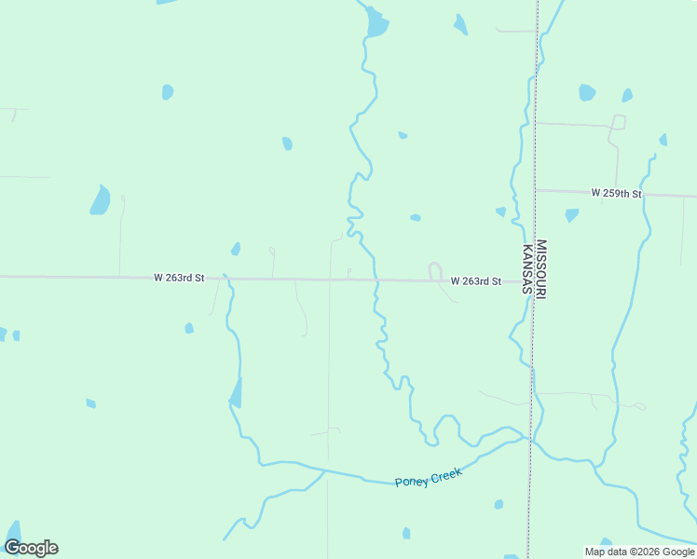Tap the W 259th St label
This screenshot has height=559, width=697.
click(x=616, y=193)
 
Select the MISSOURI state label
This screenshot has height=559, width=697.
click(x=541, y=269)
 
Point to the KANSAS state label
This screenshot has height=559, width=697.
click(x=526, y=269)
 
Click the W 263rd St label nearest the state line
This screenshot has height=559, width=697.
click(x=475, y=280)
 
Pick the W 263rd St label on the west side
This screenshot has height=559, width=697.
click(x=179, y=278)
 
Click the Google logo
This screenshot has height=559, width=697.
click(x=31, y=548)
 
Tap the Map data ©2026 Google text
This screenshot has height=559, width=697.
click(x=640, y=552)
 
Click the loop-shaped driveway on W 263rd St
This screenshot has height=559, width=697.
click(x=434, y=271)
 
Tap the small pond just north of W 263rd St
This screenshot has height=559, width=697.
click(x=236, y=249)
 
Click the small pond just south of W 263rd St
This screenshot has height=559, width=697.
click(x=189, y=328)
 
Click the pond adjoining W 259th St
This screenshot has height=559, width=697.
click(x=571, y=215)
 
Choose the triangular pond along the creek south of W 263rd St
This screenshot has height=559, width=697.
click(x=237, y=393)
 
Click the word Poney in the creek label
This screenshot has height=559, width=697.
click(x=411, y=482)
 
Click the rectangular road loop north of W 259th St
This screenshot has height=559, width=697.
click(x=618, y=122)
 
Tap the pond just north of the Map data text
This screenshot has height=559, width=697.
click(x=607, y=542)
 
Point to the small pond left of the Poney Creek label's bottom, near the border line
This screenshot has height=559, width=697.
click(x=499, y=504)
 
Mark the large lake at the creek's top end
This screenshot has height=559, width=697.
click(x=376, y=23)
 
